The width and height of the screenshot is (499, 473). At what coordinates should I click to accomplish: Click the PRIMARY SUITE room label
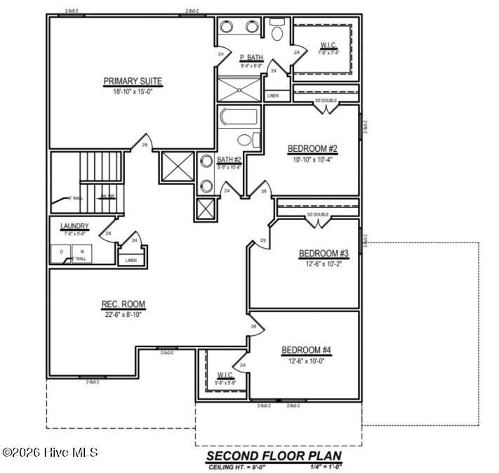click(x=133, y=81)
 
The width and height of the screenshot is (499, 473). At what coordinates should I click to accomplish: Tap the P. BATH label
click(x=251, y=58)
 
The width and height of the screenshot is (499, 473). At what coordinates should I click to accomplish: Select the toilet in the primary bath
click(x=277, y=32)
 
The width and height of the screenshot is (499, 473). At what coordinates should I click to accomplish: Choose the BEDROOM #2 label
click(x=312, y=148)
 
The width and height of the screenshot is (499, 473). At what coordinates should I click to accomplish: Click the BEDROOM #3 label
click(x=324, y=253)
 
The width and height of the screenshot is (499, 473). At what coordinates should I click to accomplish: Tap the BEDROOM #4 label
click(x=306, y=350)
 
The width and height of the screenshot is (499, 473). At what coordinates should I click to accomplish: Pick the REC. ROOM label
click(x=123, y=304)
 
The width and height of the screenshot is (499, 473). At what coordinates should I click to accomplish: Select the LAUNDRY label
click(x=74, y=226)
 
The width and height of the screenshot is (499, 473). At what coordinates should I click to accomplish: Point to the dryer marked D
click(x=61, y=251)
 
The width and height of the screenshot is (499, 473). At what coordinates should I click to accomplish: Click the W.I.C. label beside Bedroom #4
click(x=225, y=375)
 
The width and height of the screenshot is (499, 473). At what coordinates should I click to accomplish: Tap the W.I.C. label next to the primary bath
click(x=328, y=45)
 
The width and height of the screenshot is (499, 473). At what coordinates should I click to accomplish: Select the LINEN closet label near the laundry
click(x=131, y=260)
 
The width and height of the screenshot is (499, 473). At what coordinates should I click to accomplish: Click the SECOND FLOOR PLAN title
click(x=273, y=455)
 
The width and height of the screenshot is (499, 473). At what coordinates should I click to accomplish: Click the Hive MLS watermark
click(x=50, y=453)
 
